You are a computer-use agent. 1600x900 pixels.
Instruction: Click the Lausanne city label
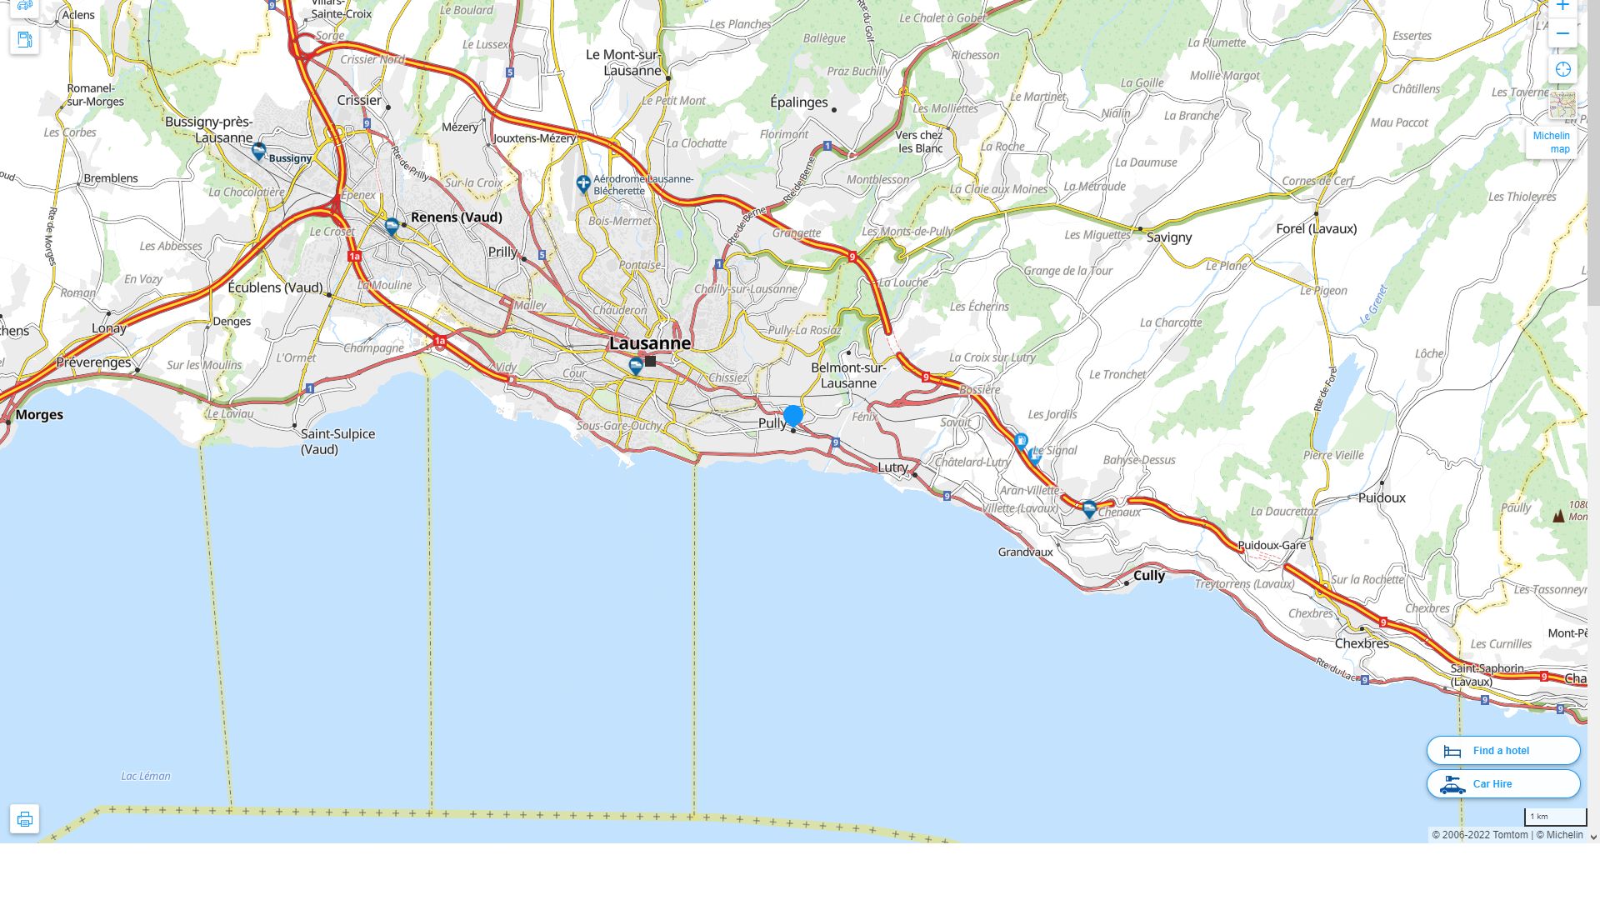pos(650,343)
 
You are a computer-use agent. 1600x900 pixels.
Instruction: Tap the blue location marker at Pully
pos(793,415)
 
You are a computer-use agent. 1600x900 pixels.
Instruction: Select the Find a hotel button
pos(1503,751)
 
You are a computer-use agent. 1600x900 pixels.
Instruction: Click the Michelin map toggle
pos(1552,142)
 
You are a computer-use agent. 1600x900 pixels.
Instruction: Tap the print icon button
pos(25,819)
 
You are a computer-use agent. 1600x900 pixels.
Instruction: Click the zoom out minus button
pos(1562,34)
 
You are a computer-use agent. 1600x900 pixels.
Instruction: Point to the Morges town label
pos(39,415)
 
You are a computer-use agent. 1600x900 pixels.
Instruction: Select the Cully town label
pos(1149,575)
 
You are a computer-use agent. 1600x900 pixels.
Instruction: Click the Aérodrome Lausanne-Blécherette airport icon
pos(583,183)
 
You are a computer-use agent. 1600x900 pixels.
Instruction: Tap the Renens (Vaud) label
pos(456,217)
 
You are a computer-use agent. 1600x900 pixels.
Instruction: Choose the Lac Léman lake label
pos(146,776)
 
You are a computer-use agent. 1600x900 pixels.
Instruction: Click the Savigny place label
pos(1169,237)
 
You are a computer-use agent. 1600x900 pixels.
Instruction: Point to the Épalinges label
pos(798,102)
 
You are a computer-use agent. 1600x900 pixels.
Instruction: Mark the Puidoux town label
pos(1382,497)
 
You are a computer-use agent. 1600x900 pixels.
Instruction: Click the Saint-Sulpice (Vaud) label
pos(337,442)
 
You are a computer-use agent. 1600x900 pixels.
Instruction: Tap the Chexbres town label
pos(1362,643)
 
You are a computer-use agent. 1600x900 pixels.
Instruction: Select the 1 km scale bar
pos(1555,817)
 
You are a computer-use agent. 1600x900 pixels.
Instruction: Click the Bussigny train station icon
pos(258,152)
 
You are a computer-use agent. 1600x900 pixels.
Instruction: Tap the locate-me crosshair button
pos(1562,70)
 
